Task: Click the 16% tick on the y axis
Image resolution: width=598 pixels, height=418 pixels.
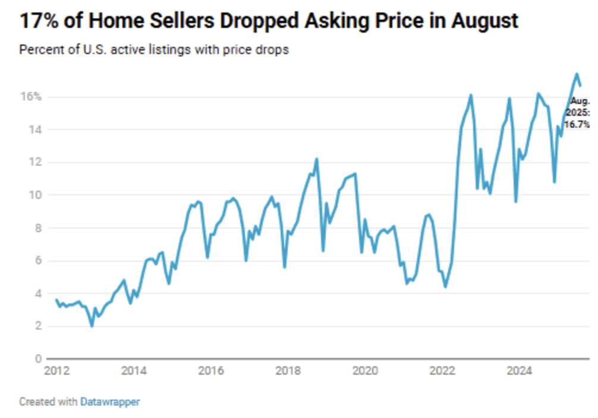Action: [x=32, y=97]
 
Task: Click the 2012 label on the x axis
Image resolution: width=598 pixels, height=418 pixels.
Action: [x=56, y=371]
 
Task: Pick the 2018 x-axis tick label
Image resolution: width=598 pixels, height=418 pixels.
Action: [x=288, y=371]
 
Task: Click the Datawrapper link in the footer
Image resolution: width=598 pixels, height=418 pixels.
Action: [x=110, y=402]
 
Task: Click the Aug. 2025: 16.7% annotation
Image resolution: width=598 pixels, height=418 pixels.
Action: [x=577, y=113]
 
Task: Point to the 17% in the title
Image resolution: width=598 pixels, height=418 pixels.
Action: [x=38, y=21]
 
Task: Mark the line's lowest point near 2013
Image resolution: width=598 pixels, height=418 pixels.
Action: [x=92, y=326]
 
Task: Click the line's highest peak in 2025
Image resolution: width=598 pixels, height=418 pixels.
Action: [x=576, y=74]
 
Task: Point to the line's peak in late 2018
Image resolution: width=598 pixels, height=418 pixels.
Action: [x=316, y=159]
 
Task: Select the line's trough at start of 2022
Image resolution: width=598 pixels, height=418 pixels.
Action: [x=445, y=287]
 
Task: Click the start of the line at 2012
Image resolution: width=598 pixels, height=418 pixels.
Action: [x=56, y=300]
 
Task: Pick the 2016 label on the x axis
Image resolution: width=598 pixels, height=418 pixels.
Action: [x=211, y=371]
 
